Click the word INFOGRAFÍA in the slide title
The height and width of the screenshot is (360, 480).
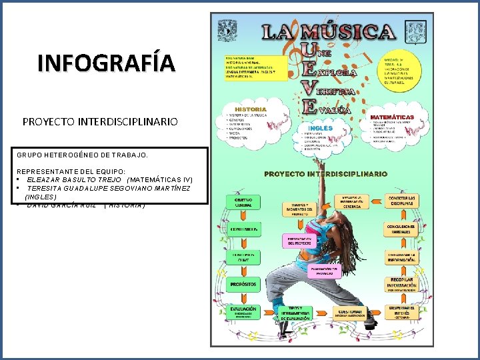(107, 63)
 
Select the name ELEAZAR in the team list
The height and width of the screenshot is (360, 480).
(47, 180)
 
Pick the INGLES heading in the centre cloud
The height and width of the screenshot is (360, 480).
(321, 128)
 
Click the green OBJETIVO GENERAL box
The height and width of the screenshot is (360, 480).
(242, 203)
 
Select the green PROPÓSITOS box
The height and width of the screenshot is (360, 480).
(242, 285)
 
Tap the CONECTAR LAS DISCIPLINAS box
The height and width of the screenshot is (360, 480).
(402, 202)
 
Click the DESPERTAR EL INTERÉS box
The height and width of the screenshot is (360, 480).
(402, 311)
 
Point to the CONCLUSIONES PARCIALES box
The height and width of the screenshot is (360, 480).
(402, 229)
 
